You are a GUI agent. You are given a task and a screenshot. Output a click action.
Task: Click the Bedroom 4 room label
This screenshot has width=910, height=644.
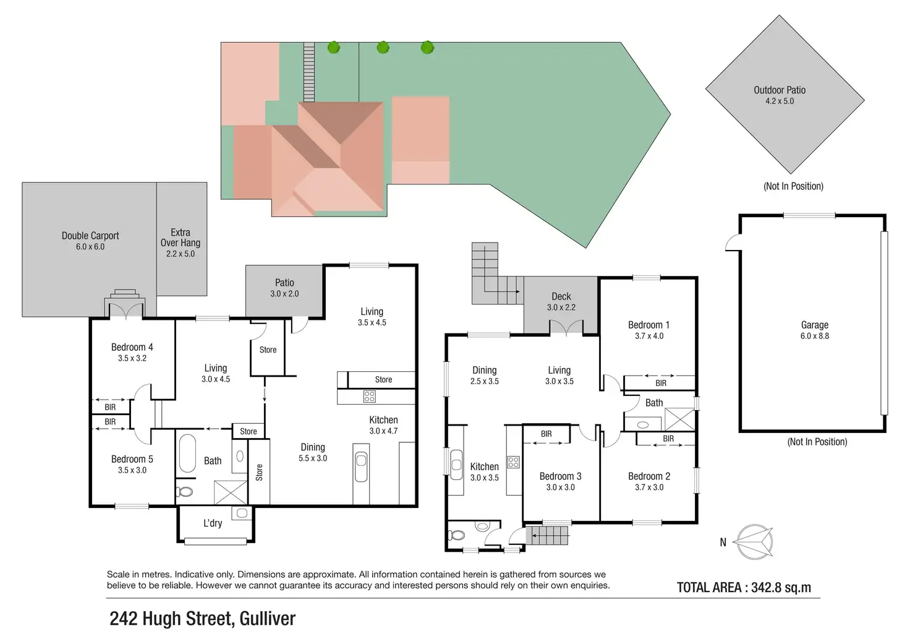pyautogui.click(x=132, y=348)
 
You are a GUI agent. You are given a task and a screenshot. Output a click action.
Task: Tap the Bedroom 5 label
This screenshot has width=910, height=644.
pyautogui.click(x=132, y=460)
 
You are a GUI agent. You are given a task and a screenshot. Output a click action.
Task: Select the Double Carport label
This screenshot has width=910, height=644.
pyautogui.click(x=90, y=236)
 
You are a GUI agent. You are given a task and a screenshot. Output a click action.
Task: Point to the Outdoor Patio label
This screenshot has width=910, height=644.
pyautogui.click(x=779, y=90)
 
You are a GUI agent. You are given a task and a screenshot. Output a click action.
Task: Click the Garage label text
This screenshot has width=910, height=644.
pyautogui.click(x=814, y=325)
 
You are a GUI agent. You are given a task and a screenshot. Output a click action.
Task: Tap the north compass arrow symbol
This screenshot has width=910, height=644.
pyautogui.click(x=755, y=542)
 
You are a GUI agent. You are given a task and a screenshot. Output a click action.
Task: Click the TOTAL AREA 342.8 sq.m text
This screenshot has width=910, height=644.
pyautogui.click(x=744, y=588)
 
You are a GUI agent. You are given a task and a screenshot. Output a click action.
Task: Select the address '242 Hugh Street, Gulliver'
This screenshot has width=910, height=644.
pyautogui.click(x=202, y=619)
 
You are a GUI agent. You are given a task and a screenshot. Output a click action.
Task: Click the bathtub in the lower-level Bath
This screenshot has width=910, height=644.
pyautogui.click(x=187, y=454)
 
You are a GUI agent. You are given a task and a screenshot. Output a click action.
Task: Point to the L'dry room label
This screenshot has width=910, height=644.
pyautogui.click(x=213, y=523)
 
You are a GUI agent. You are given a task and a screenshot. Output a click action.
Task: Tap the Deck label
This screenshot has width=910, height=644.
pyautogui.click(x=561, y=297)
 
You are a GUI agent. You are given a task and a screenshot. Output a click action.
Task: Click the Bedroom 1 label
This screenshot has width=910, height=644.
pyautogui.click(x=648, y=325)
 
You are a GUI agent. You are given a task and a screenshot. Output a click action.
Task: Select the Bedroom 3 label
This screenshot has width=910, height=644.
pyautogui.click(x=560, y=476)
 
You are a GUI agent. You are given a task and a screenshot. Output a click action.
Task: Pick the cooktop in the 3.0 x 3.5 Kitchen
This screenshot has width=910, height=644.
pyautogui.click(x=513, y=462)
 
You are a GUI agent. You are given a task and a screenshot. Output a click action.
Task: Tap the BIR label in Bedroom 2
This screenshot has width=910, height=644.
pyautogui.click(x=668, y=439)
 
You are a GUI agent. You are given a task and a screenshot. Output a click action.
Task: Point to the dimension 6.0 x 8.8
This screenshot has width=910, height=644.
pyautogui.click(x=814, y=337)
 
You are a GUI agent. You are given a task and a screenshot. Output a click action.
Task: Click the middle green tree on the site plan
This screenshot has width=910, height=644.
pyautogui.click(x=383, y=47)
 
